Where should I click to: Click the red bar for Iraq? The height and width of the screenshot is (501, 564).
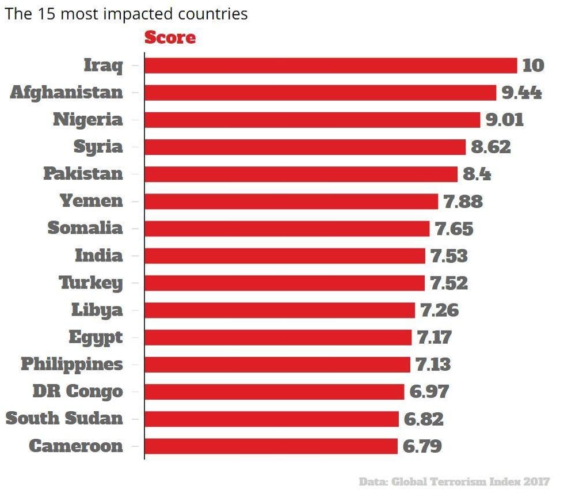tap(330, 66)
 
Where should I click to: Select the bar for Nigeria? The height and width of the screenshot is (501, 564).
tap(312, 120)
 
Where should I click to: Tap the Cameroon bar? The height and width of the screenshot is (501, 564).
tap(270, 446)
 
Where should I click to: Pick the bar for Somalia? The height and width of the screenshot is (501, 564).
tap(287, 229)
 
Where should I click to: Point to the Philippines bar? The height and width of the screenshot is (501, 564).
tap(277, 365)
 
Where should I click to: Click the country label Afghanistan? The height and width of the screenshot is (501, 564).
tap(66, 93)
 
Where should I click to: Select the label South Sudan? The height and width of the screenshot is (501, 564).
tap(64, 419)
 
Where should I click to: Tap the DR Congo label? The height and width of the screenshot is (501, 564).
tap(77, 392)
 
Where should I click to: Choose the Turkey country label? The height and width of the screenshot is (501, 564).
tap(90, 283)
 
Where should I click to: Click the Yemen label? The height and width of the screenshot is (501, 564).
tap(91, 202)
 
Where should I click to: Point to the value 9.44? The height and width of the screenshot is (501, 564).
tap(521, 93)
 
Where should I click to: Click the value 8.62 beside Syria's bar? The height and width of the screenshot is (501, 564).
tap(491, 147)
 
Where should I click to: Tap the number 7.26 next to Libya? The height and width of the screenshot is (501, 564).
tap(440, 310)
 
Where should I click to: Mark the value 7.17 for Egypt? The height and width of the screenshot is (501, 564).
tap(435, 337)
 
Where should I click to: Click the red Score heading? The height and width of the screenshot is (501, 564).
tap(170, 38)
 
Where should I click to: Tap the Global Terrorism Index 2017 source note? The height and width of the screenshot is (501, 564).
tap(454, 481)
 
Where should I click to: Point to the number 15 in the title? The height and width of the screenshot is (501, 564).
tap(46, 14)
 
